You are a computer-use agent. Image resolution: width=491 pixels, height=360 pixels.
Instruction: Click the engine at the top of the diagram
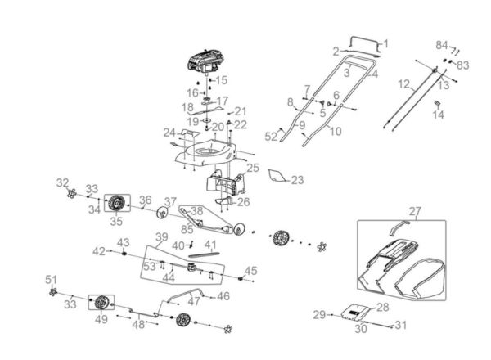[x=207, y=61]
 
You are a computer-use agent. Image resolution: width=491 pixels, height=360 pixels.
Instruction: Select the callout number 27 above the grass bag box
[x=415, y=211]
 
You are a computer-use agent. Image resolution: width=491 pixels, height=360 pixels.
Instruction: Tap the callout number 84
[x=442, y=45]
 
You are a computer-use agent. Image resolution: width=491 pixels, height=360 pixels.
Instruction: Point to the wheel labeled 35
[x=117, y=203]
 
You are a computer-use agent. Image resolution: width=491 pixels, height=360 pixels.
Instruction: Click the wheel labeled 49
[x=101, y=303]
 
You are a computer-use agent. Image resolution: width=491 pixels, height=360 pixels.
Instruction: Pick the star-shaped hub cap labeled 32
[x=72, y=193]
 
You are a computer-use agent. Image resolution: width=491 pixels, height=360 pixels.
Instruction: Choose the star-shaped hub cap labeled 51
[x=53, y=292]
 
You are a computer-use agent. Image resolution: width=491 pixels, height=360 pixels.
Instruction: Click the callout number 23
[x=297, y=180]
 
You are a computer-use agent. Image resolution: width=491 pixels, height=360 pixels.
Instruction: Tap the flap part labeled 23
[x=277, y=175]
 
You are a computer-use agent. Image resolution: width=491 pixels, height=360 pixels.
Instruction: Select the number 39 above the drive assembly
[x=162, y=237]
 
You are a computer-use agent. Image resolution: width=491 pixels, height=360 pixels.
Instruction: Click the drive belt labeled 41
[x=205, y=254]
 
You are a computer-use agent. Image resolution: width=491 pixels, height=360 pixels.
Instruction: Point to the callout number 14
[x=439, y=115]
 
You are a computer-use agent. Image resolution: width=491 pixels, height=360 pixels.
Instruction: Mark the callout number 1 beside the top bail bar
[x=385, y=44]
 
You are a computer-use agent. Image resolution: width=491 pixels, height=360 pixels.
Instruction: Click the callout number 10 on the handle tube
[x=336, y=131]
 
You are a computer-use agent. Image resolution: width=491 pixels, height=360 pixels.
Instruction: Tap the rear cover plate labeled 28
[x=355, y=312]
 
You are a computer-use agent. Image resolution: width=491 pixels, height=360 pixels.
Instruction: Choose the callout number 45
[x=251, y=271]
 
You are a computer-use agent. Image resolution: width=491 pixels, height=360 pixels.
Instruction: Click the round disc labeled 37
[x=162, y=214]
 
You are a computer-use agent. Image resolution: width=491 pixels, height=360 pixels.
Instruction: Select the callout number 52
[x=271, y=137]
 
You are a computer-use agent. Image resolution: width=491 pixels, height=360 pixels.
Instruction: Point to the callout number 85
[x=187, y=229]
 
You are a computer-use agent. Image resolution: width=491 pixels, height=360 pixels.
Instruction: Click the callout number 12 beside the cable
[x=404, y=84]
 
